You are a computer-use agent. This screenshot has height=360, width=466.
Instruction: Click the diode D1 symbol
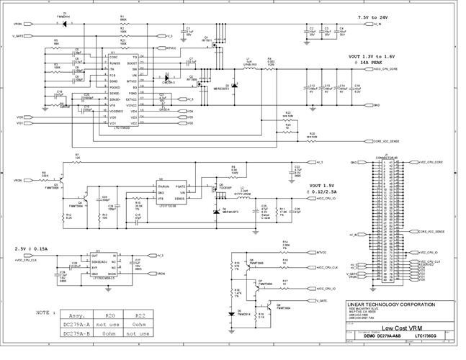[66, 24]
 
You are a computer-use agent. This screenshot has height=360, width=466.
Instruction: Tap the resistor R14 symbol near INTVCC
[285, 251]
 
